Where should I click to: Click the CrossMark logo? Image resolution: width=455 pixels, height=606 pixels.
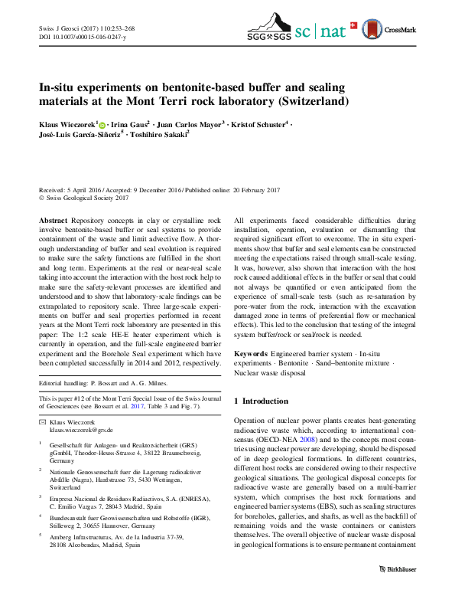tap(394, 31)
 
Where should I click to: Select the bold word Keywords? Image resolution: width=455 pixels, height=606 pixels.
tap(252, 354)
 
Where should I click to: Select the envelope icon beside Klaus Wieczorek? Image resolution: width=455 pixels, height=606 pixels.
tap(42, 423)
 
